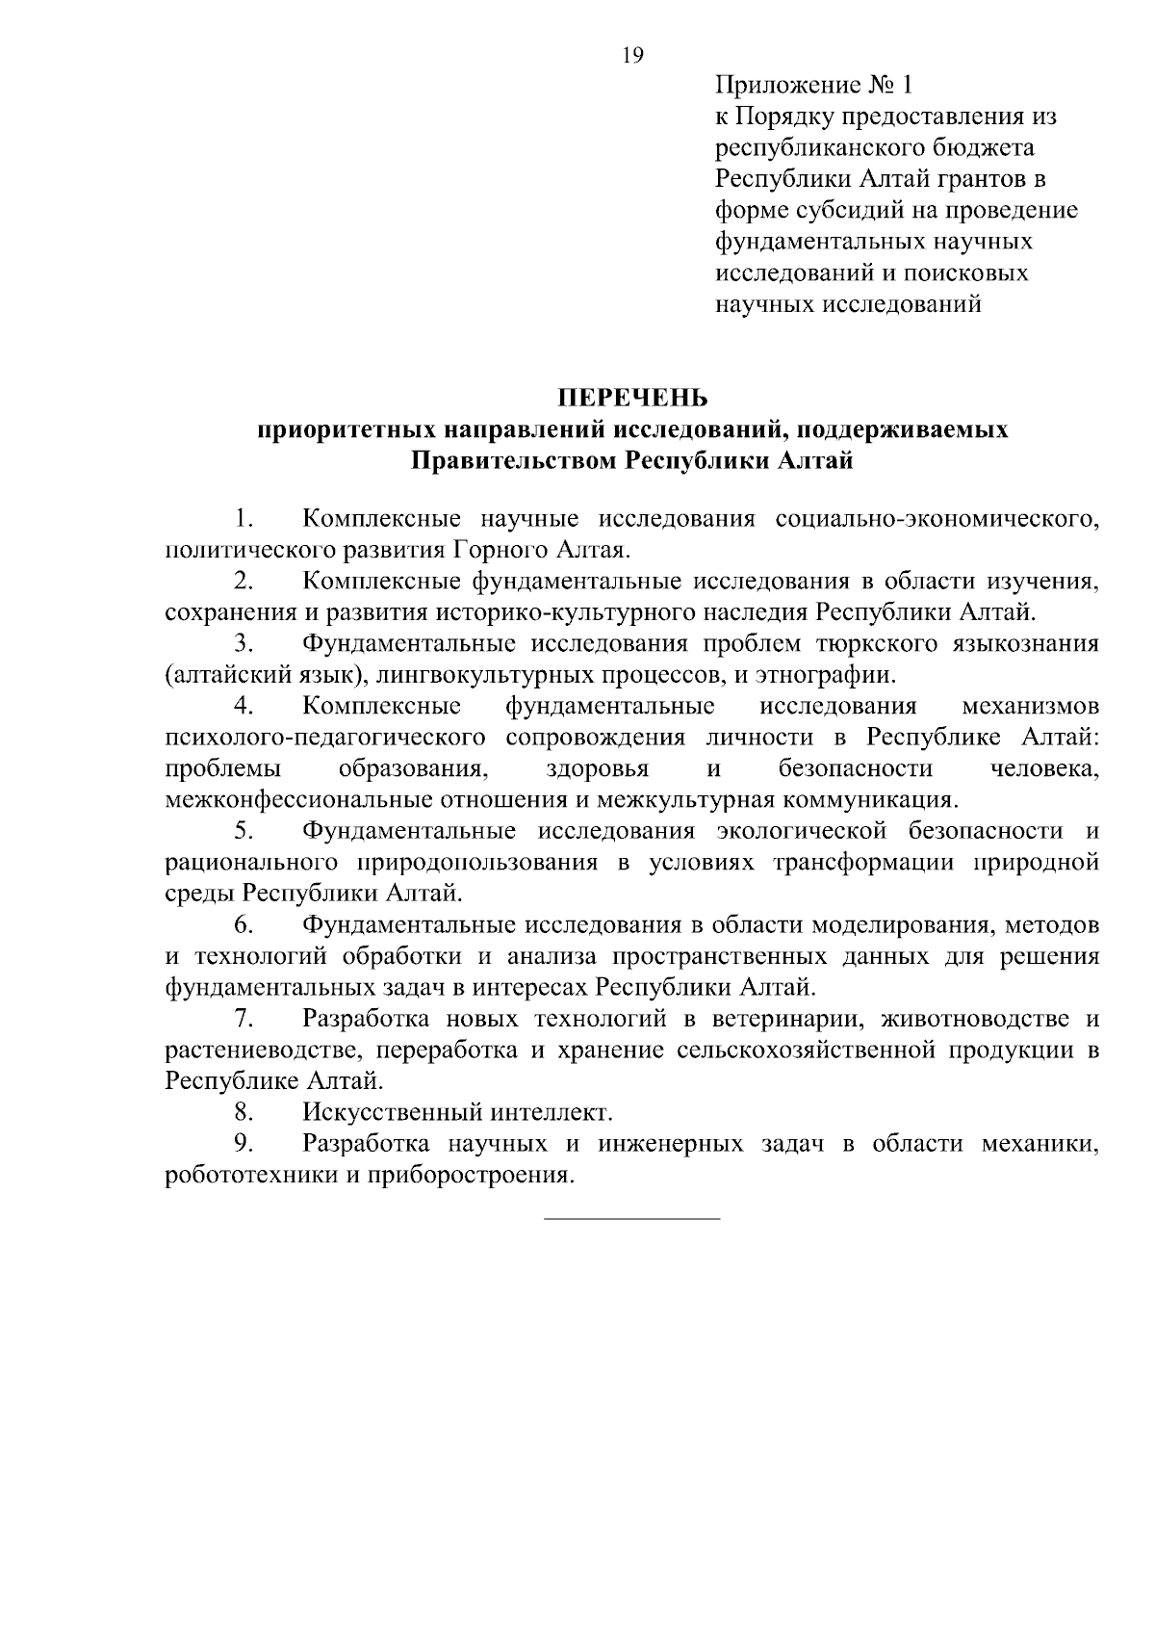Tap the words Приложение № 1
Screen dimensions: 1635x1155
(813, 87)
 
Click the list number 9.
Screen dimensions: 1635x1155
(243, 1144)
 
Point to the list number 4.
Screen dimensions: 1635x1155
(243, 706)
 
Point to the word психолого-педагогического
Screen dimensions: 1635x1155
(323, 738)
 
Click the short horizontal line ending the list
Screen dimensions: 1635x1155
(631, 1220)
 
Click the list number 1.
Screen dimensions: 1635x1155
(243, 520)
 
